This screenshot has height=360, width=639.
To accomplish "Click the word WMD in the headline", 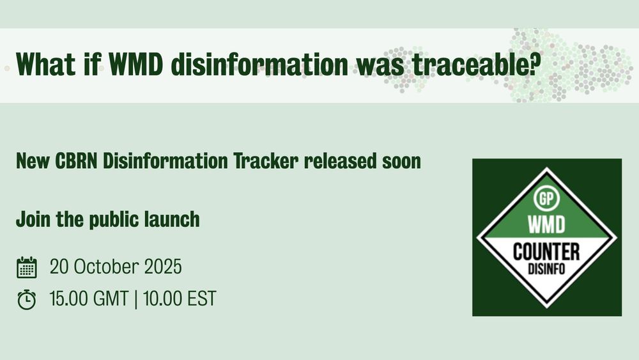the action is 136,64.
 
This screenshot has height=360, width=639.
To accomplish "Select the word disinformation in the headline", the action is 259,64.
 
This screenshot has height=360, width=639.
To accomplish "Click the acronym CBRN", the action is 76,161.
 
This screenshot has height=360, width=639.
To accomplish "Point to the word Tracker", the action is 266,161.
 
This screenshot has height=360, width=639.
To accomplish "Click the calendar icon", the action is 27,267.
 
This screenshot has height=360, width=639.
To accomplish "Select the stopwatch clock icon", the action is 26,300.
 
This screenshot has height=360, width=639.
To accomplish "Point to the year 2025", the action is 163,267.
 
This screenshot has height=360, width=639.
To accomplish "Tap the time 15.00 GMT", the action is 89,299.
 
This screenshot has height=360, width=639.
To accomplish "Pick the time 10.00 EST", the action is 180,299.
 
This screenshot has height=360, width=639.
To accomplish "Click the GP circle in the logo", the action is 546,199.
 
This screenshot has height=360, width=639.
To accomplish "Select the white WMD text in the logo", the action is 546,224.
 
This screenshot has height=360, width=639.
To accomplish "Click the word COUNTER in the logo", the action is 546,251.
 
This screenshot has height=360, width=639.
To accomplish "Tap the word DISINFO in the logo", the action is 546,269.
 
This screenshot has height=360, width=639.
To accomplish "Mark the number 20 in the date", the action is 59,267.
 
